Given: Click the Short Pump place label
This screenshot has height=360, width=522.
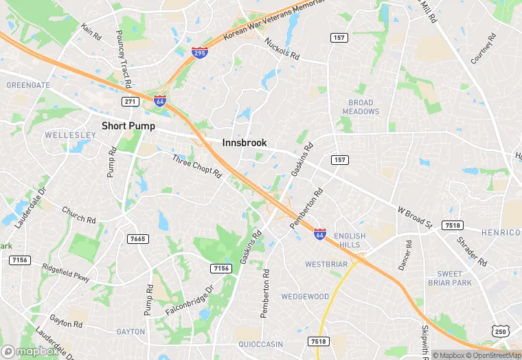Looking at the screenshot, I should coord(128,126).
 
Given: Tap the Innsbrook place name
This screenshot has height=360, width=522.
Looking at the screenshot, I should coord(245,143).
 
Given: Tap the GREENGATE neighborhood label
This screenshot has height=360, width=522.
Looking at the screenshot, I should coord(28,85).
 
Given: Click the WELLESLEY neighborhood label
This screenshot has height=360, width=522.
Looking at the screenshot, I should coord(65,135).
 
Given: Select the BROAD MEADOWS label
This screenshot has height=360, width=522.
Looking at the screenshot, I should coord(361,107).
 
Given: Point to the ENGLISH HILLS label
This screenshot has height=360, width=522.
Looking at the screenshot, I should coord(350,240).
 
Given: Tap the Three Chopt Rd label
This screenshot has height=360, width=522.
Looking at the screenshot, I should coord(197,167).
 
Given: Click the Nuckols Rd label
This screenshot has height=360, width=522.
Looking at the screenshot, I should coord(282,48).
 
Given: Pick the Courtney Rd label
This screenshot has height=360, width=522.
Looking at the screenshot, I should coord(483,49).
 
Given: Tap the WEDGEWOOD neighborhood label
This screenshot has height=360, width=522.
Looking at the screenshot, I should coord(305,297).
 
